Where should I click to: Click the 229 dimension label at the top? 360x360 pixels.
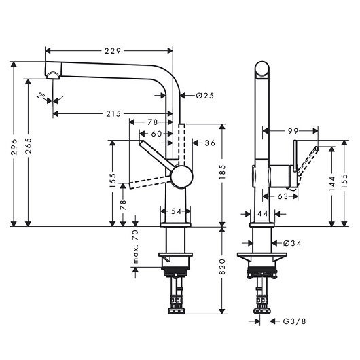(x=113, y=51)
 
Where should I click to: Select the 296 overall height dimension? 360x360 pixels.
(x=14, y=147)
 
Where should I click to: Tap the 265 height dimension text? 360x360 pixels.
(x=29, y=145)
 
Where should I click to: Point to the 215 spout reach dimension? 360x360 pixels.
(x=113, y=113)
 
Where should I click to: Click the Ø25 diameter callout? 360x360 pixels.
(x=205, y=96)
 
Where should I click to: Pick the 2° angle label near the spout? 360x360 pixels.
(x=41, y=96)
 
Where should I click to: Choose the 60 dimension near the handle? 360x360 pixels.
(x=157, y=134)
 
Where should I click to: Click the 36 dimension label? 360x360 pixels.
(x=210, y=143)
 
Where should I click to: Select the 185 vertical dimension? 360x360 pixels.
(x=223, y=173)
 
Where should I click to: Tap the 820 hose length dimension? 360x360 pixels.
(x=223, y=267)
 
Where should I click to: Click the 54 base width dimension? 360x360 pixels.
(x=176, y=211)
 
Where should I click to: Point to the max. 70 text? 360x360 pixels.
(x=135, y=247)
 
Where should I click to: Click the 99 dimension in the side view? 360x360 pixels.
(x=293, y=131)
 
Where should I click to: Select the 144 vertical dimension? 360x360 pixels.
(x=331, y=183)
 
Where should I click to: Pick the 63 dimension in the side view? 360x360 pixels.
(x=283, y=196)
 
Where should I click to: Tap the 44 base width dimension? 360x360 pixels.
(x=263, y=214)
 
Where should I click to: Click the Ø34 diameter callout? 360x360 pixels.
(x=292, y=243)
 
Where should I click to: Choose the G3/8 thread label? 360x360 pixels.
(x=294, y=321)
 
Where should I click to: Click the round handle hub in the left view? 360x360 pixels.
(x=181, y=177)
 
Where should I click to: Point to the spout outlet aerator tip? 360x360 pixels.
(x=53, y=76)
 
